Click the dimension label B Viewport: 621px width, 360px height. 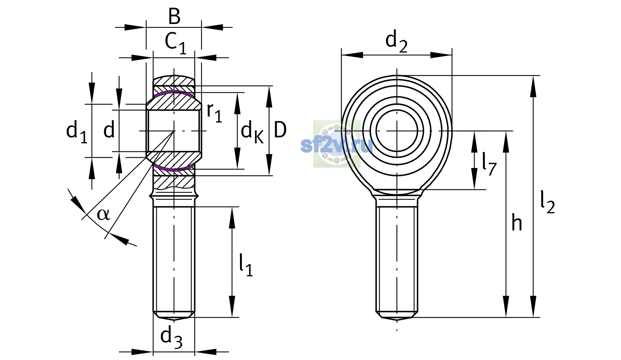click(x=174, y=16)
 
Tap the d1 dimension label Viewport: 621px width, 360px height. click(x=77, y=132)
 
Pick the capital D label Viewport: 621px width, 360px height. click(x=280, y=130)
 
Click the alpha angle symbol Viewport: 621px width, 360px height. click(x=103, y=214)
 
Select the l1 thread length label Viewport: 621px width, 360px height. click(x=246, y=265)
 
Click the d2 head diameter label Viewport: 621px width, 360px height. click(x=396, y=41)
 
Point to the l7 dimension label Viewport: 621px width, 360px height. click(x=489, y=164)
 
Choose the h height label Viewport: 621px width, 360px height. click(x=517, y=222)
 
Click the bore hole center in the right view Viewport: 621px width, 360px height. click(x=397, y=131)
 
